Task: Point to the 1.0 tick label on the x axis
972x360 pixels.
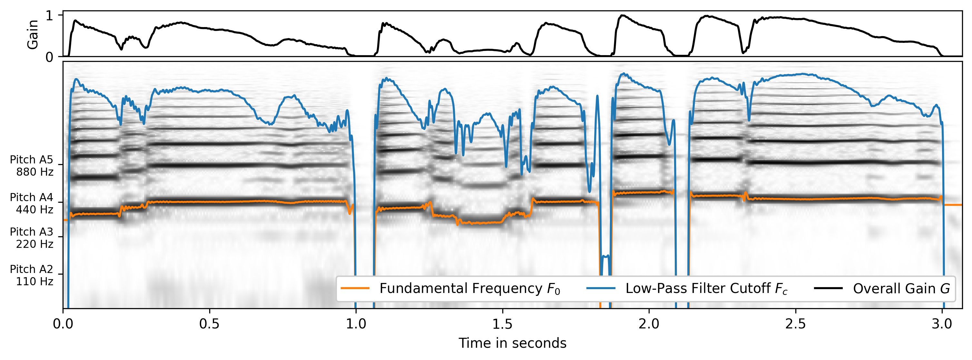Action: point(356,324)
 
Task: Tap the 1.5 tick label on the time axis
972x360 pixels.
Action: point(502,324)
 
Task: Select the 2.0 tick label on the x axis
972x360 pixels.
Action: point(649,324)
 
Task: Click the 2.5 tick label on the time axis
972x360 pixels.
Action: point(796,324)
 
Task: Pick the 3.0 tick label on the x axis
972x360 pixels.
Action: point(942,324)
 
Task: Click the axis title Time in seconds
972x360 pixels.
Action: point(512,343)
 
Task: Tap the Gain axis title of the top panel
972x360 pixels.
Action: point(33,34)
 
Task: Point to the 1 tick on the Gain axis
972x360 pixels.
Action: point(49,15)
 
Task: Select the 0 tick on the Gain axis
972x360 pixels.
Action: point(49,57)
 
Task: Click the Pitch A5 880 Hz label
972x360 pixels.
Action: point(32,166)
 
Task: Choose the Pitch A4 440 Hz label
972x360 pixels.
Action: point(32,203)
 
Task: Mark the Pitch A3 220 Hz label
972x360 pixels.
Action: point(32,238)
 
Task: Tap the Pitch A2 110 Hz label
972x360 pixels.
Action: point(32,275)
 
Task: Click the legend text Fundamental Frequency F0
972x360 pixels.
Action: point(469,288)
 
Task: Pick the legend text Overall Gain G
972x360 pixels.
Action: point(901,288)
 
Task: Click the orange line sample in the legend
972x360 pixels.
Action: point(355,288)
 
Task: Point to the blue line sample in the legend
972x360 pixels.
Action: point(601,288)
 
